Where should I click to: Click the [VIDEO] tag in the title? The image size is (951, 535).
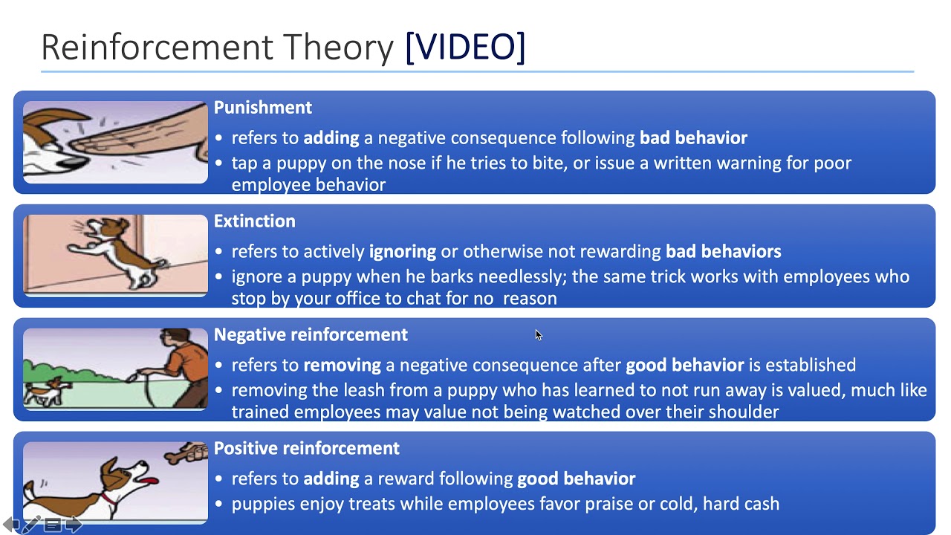pyautogui.click(x=465, y=48)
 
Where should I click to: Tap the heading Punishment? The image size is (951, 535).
pyautogui.click(x=262, y=108)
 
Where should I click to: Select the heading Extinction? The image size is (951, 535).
pyautogui.click(x=254, y=221)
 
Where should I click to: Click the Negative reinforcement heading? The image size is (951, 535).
pyautogui.click(x=311, y=335)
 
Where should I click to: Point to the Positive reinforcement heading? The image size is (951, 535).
pyautogui.click(x=306, y=449)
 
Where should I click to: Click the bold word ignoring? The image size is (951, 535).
pyautogui.click(x=402, y=251)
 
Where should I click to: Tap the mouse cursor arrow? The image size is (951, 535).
pyautogui.click(x=538, y=334)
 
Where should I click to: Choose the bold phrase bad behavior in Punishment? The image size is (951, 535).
pyautogui.click(x=693, y=137)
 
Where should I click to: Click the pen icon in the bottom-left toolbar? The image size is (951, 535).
pyautogui.click(x=31, y=525)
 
